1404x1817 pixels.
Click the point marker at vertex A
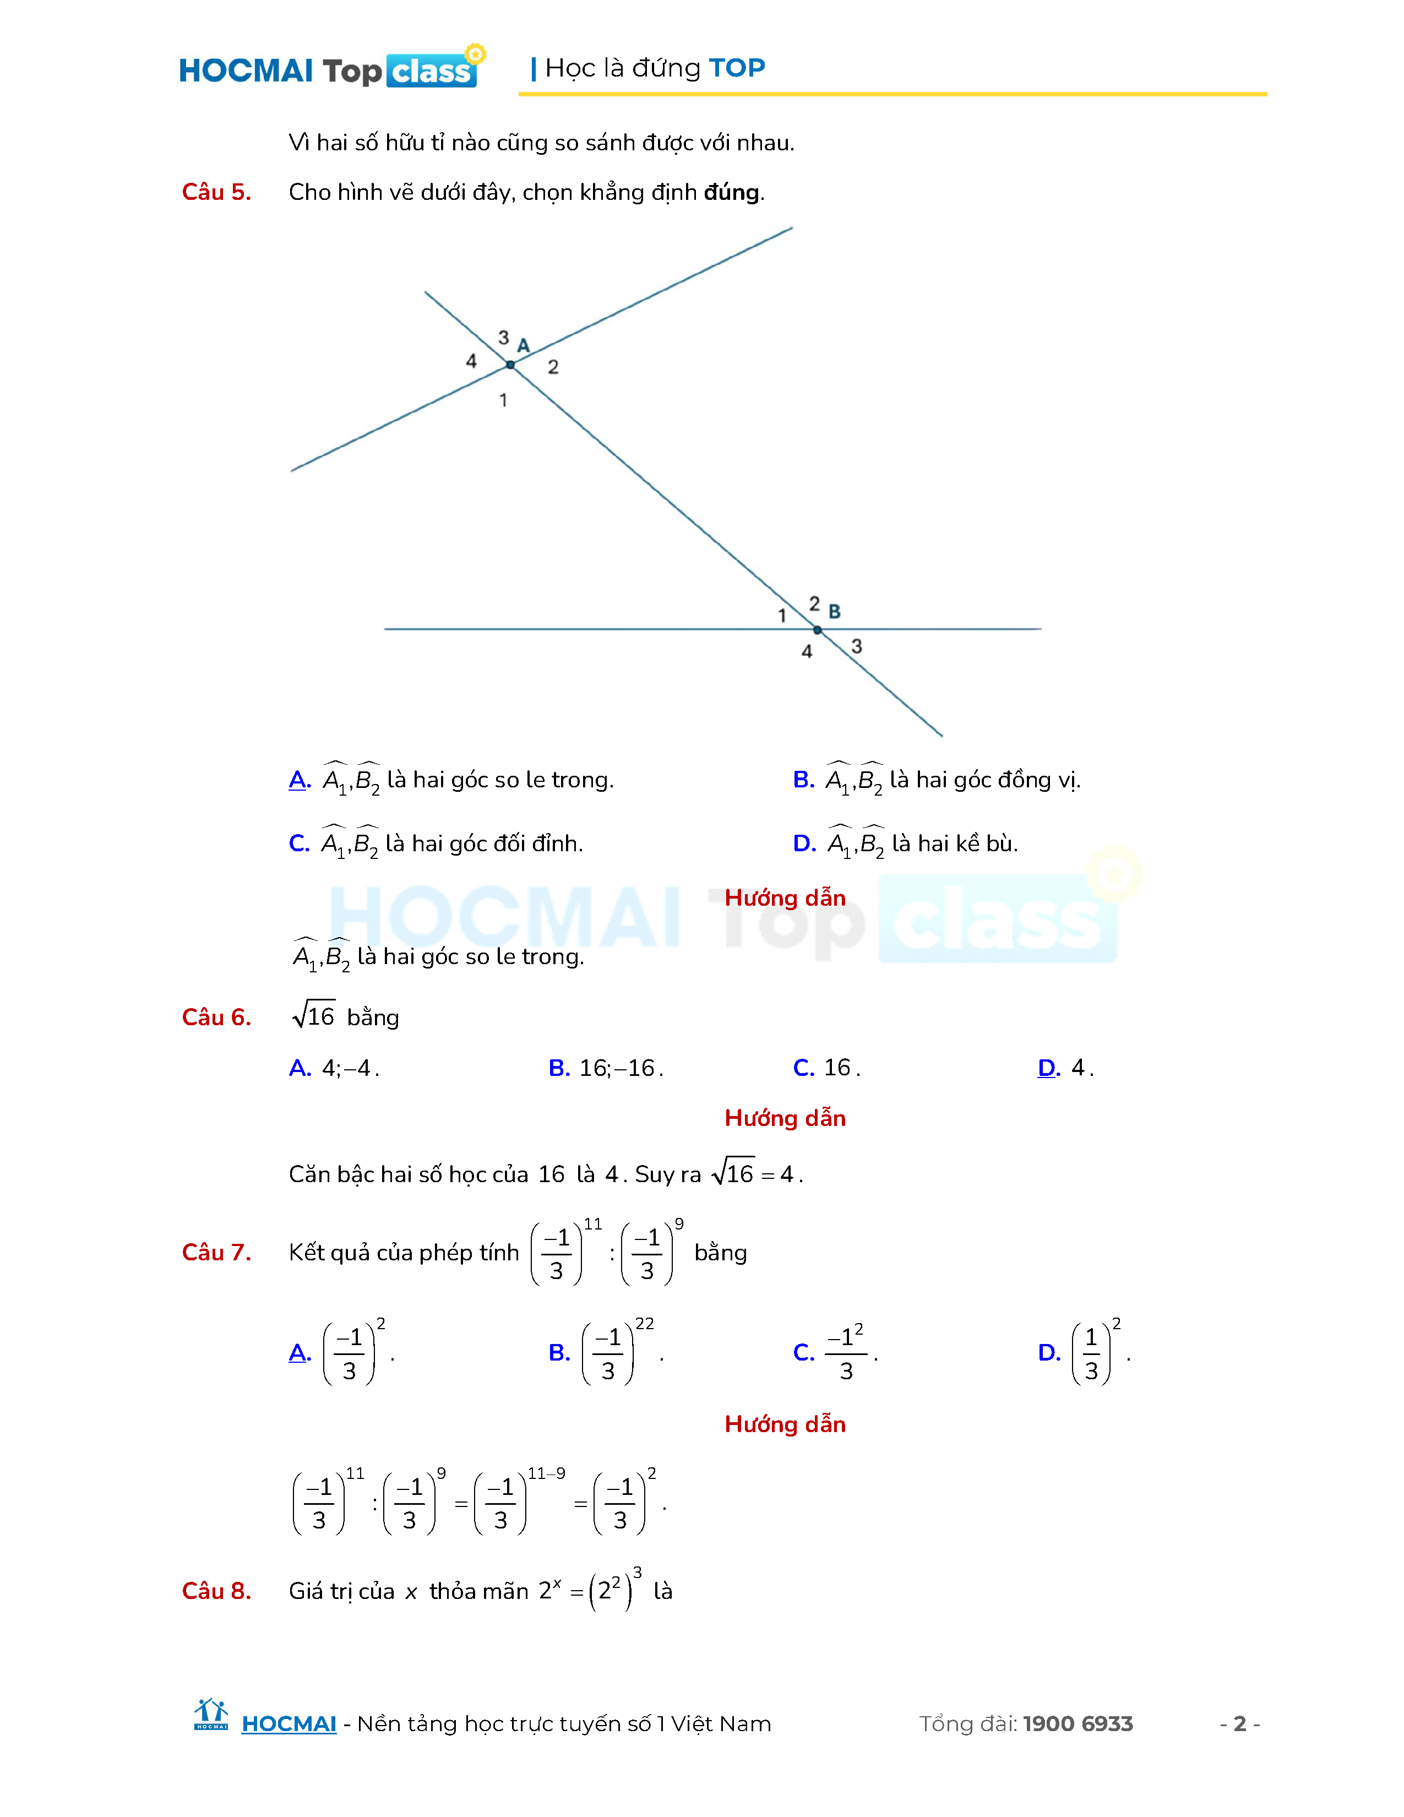[510, 365]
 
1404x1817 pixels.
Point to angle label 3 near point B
[857, 646]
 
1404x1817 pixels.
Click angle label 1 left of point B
[782, 616]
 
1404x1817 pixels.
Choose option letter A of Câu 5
[300, 780]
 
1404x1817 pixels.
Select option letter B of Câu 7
[559, 1353]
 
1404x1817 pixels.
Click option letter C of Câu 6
[803, 1068]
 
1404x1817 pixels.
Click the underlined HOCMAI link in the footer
[289, 1724]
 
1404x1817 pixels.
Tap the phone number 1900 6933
[1078, 1724]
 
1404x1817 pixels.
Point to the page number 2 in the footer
[1239, 1724]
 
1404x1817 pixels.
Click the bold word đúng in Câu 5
[732, 192]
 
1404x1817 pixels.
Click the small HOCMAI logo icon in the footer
[210, 1716]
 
